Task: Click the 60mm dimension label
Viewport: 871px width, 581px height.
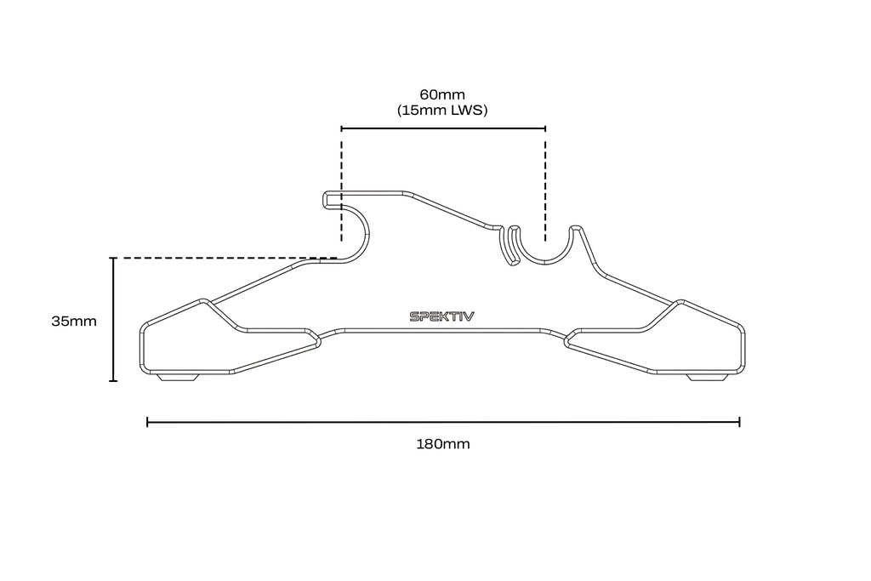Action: (x=442, y=94)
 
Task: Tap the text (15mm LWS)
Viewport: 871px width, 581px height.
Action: (x=442, y=110)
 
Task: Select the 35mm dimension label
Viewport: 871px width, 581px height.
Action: (x=74, y=321)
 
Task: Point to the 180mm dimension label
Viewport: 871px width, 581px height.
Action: (x=443, y=444)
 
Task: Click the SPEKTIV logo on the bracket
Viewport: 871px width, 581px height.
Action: (x=442, y=316)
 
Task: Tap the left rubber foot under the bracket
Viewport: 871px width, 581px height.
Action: (x=178, y=377)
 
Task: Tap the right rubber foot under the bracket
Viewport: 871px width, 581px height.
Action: (x=707, y=377)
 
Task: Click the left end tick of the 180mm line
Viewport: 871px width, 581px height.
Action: (x=147, y=422)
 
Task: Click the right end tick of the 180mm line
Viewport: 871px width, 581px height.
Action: (x=739, y=422)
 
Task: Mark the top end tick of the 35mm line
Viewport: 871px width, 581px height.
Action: (x=113, y=259)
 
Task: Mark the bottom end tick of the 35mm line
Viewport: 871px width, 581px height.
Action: (x=113, y=380)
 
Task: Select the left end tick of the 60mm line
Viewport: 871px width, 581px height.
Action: (x=342, y=128)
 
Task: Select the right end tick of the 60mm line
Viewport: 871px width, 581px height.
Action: (x=545, y=128)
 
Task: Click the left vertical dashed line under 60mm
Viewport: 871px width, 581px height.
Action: (x=342, y=186)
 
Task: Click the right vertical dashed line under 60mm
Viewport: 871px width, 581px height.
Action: (x=545, y=186)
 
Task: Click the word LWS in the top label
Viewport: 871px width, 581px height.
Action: (x=468, y=110)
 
